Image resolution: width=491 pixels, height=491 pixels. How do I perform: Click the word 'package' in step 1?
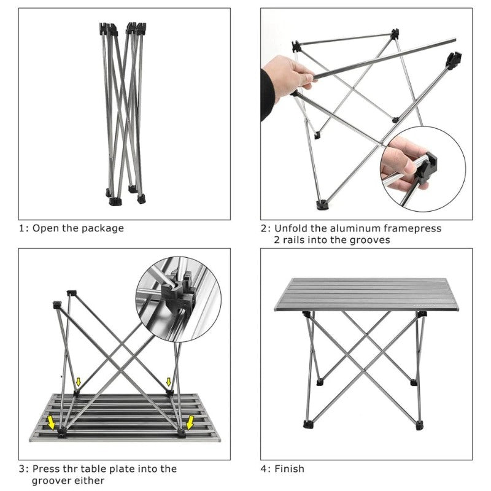tap(102, 228)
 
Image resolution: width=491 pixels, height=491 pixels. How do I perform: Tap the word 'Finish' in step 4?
tap(289, 469)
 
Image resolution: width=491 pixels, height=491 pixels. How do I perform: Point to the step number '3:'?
tap(23, 469)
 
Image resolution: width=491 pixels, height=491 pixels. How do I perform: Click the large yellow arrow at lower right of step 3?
tap(192, 422)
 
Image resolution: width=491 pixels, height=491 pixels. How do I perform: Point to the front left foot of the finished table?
tap(306, 423)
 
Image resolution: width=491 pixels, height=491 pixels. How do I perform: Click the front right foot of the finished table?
tap(419, 424)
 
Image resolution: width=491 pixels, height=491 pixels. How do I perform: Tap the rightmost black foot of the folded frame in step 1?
tap(142, 198)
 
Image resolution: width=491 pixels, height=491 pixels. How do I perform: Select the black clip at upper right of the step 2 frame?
tap(454, 60)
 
